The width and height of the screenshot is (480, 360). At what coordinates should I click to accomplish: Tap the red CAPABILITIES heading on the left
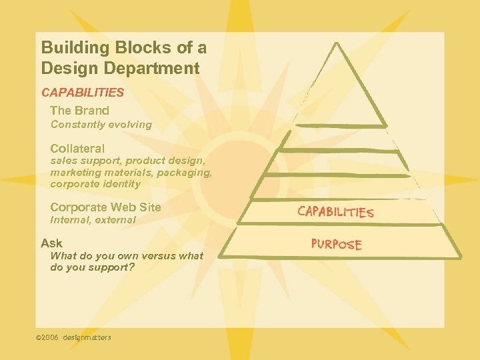[83, 93]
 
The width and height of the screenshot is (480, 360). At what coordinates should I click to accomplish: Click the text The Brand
[79, 111]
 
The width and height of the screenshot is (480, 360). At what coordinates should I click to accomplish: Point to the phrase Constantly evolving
[101, 125]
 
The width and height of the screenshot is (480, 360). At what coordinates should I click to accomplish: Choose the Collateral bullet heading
[77, 149]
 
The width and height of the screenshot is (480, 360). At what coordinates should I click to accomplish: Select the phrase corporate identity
[95, 184]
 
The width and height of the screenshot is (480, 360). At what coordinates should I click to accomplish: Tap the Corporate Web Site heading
[105, 207]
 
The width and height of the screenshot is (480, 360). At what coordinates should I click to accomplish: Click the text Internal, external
[93, 220]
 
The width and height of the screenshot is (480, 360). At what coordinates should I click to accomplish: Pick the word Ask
[51, 243]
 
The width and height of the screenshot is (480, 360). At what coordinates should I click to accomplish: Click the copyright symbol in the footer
[38, 338]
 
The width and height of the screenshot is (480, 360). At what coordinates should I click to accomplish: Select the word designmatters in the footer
[87, 338]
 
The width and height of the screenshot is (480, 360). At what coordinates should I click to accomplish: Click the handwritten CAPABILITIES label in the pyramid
[335, 212]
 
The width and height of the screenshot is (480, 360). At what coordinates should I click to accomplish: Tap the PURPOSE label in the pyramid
[337, 244]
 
